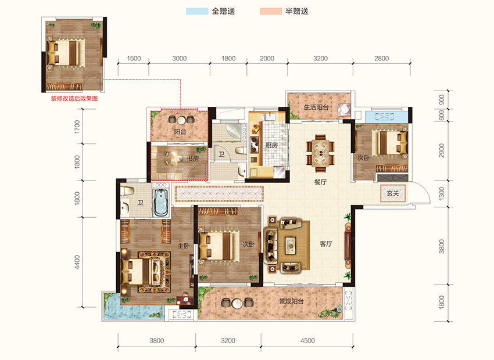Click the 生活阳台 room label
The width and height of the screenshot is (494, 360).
pyautogui.click(x=317, y=107)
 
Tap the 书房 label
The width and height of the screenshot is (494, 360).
pyautogui.click(x=193, y=158)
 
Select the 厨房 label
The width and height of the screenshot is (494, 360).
pyautogui.click(x=271, y=146)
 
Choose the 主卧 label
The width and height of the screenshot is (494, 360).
pyautogui.click(x=183, y=246)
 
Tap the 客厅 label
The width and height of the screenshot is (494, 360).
pyautogui.click(x=325, y=244)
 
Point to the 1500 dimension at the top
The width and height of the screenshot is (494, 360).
pyautogui.click(x=134, y=58)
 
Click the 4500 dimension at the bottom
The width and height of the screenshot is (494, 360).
pyautogui.click(x=307, y=340)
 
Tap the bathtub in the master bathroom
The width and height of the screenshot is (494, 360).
pyautogui.click(x=160, y=201)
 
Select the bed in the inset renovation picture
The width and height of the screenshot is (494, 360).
pyautogui.click(x=64, y=52)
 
